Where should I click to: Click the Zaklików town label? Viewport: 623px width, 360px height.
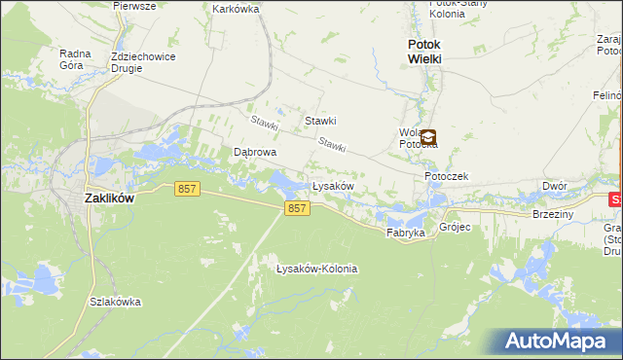point(109,197)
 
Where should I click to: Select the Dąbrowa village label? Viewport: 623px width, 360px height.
point(256,153)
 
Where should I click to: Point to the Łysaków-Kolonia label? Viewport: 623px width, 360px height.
point(317,269)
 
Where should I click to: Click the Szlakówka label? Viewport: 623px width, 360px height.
point(115,302)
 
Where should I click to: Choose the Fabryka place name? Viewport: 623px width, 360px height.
point(406,234)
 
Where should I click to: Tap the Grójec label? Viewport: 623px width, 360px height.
point(455,228)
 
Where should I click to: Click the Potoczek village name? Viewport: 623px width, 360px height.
point(447,176)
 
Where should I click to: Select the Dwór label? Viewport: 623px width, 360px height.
point(555,185)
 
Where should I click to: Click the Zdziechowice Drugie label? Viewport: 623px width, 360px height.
point(141,62)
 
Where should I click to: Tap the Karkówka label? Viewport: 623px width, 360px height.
point(235,9)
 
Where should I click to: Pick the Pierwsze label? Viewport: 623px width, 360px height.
point(135,6)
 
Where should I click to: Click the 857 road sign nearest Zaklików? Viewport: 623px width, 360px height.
point(188,190)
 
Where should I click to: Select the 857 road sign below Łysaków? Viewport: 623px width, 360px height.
point(298,209)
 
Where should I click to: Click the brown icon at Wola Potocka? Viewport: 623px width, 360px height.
point(427,138)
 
